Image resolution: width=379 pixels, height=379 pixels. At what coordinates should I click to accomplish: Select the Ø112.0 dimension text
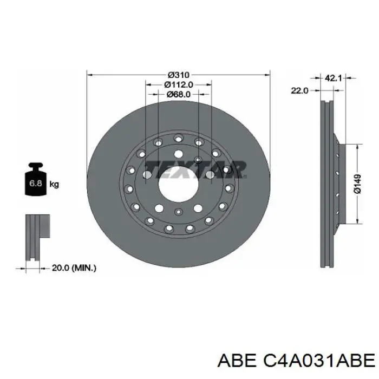(178, 84)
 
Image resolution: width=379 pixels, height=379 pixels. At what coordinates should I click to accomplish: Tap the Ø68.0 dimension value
(178, 94)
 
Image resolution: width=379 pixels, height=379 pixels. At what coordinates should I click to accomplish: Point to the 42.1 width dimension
(332, 79)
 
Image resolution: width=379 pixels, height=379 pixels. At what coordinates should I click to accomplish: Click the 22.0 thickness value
(299, 90)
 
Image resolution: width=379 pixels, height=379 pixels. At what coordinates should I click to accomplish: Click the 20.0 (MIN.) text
(74, 267)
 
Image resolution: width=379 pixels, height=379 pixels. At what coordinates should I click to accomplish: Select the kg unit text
(54, 184)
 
